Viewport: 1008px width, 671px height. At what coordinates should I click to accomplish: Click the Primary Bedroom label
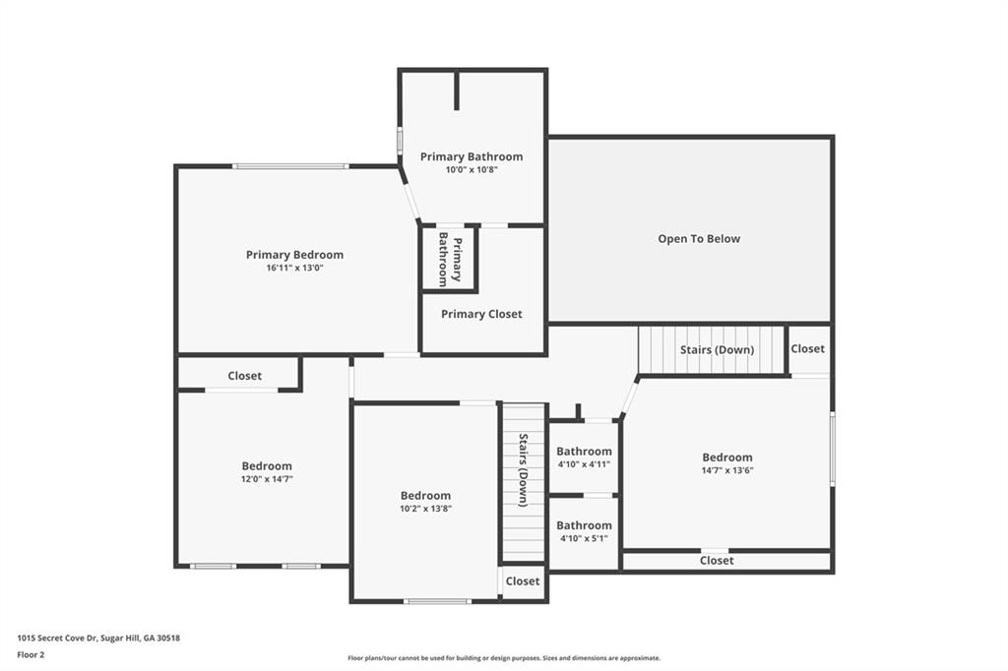(294, 255)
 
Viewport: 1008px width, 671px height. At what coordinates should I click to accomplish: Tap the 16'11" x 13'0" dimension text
(294, 268)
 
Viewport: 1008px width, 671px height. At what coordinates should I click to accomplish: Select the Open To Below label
(699, 238)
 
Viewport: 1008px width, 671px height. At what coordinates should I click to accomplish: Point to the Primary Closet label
(481, 314)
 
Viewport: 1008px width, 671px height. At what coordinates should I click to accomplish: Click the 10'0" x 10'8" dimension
(472, 169)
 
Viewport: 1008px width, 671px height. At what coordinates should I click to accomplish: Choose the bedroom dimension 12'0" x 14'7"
(267, 479)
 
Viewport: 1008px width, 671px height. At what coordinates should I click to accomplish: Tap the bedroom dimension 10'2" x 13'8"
(425, 509)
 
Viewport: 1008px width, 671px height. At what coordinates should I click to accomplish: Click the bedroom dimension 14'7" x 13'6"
(727, 470)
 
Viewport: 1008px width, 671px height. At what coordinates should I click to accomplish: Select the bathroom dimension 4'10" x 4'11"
(585, 464)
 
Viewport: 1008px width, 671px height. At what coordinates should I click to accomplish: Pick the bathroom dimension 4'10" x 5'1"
(584, 538)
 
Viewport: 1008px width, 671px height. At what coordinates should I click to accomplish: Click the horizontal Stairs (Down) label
(717, 349)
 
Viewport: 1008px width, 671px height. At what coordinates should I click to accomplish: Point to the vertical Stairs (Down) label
(524, 470)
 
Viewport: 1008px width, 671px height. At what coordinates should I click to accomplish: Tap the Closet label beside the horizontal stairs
(807, 348)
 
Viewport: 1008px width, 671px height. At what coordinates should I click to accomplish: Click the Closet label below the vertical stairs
(523, 581)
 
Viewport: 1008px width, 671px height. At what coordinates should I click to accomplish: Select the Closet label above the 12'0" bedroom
(245, 376)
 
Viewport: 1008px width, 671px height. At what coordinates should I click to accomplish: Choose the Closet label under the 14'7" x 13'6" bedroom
(717, 561)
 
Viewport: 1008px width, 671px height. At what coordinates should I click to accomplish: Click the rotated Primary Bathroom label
(450, 259)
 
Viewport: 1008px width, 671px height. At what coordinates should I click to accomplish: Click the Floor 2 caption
(31, 655)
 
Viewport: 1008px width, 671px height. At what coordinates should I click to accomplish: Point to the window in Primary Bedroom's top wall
(290, 166)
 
